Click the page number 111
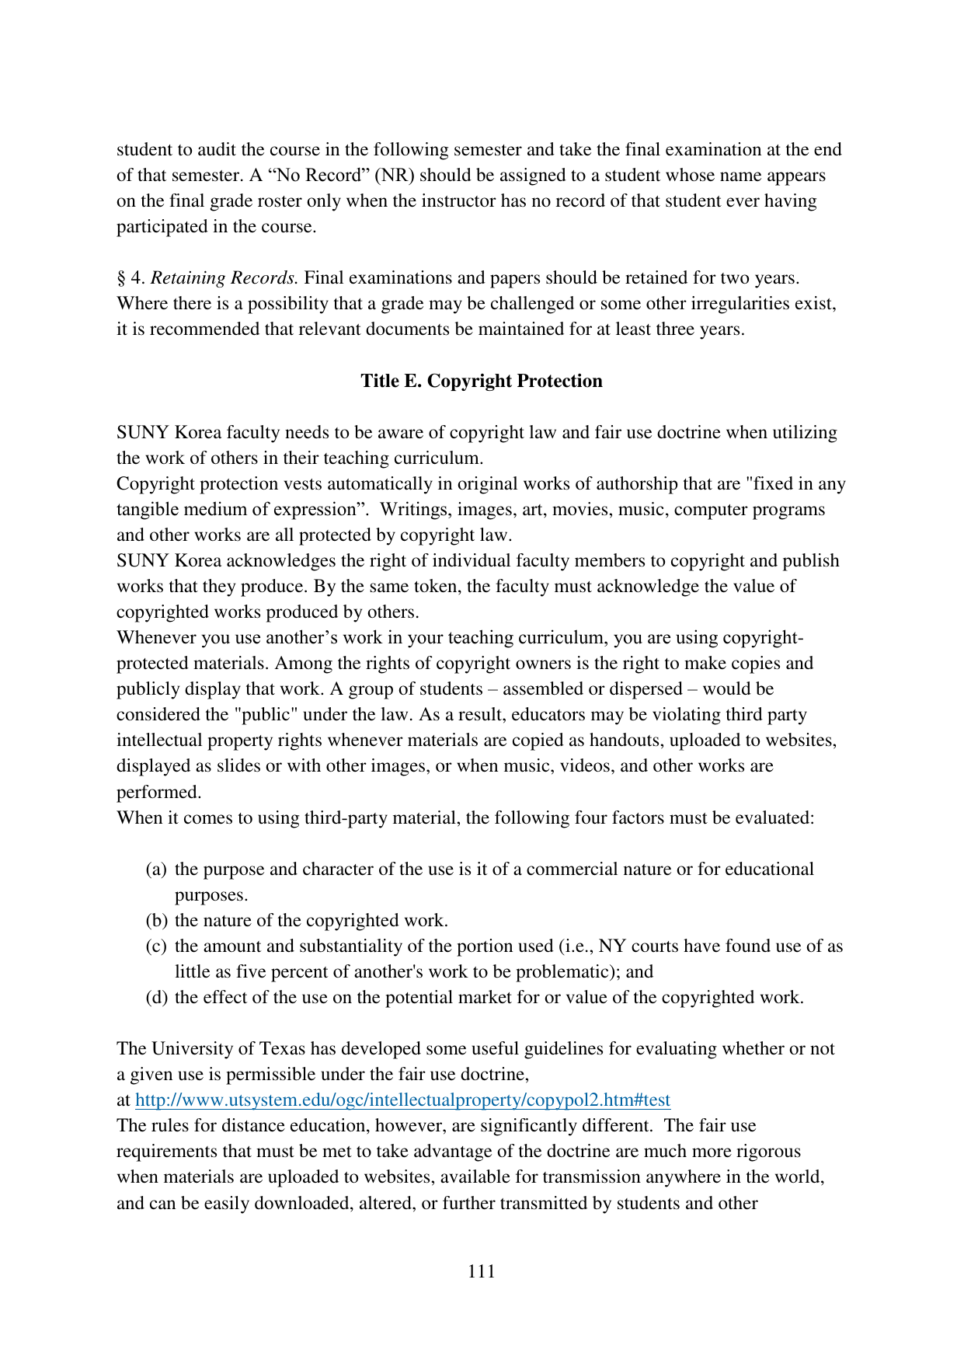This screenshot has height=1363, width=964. click(x=482, y=1271)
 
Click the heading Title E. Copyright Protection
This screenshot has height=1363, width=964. click(x=482, y=381)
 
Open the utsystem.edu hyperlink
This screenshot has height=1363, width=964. click(x=402, y=1100)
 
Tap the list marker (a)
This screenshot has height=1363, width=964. click(x=156, y=869)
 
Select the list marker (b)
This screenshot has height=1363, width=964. click(x=157, y=920)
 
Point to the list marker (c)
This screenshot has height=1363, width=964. click(x=156, y=946)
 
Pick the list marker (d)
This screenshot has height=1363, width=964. click(x=157, y=997)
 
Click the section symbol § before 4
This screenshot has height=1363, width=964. click(x=121, y=277)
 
